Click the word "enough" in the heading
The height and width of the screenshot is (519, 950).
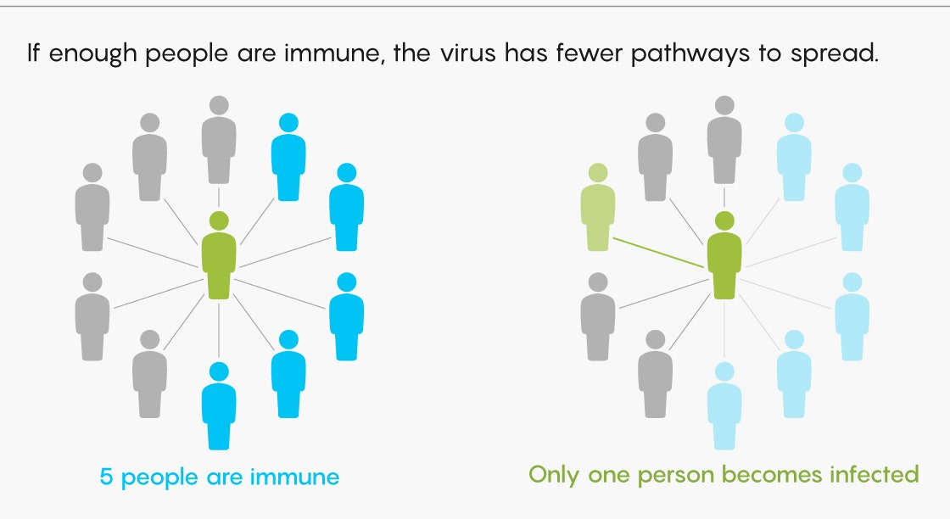pos(90,54)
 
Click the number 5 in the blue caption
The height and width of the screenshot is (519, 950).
pos(107,477)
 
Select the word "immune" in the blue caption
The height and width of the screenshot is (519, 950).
pos(294,477)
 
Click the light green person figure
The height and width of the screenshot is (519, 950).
pos(597,216)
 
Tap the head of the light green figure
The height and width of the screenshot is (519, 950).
pos(597,173)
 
